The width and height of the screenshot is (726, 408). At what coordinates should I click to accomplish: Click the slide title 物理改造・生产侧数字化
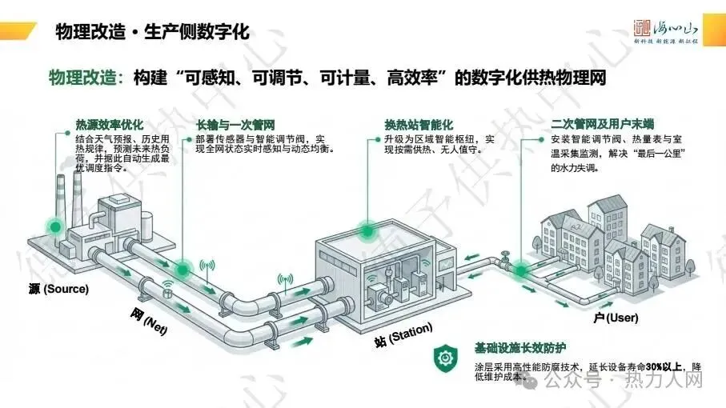[152, 32]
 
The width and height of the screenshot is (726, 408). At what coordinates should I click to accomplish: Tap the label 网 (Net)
[148, 320]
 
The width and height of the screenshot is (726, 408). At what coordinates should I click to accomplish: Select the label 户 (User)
[616, 318]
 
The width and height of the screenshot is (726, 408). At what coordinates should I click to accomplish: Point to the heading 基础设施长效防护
[520, 347]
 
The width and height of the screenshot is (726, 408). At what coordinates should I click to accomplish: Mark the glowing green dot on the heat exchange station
[367, 231]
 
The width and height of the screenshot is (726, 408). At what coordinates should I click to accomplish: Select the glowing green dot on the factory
[54, 227]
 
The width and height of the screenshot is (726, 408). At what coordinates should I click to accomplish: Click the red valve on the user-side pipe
[503, 256]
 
